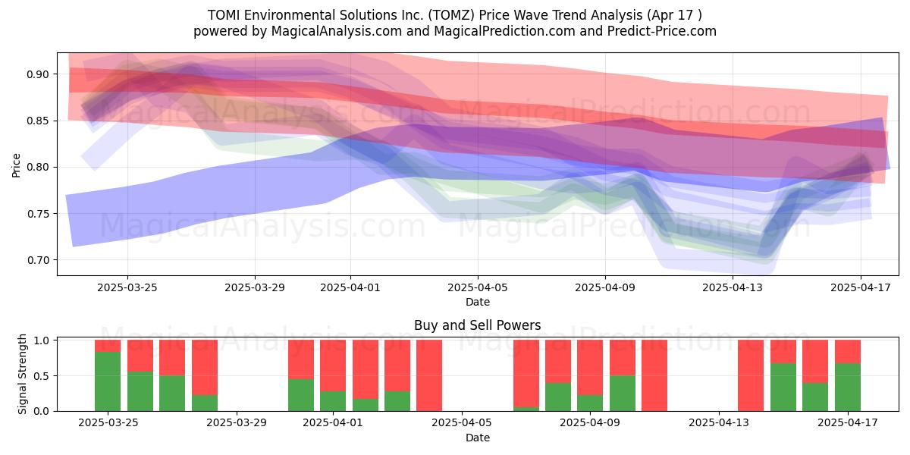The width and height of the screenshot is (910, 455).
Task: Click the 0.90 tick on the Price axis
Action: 38,74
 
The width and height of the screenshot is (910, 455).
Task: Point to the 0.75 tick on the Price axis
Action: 38,214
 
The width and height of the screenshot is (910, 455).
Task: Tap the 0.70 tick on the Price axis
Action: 38,260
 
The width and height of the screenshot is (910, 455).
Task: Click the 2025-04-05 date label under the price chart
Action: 478,287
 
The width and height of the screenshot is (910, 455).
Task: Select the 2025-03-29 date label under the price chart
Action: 255,287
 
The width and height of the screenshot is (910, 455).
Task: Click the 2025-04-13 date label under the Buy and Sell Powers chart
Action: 719,423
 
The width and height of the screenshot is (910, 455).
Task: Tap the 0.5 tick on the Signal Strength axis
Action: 42,376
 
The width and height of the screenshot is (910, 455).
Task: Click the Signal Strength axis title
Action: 22,374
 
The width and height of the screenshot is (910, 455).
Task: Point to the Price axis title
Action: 16,165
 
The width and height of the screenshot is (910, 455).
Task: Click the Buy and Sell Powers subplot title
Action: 477,325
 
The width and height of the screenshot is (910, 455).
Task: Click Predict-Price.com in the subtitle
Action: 662,31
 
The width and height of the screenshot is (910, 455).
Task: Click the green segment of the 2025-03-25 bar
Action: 108,381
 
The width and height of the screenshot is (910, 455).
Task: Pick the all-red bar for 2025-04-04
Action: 429,375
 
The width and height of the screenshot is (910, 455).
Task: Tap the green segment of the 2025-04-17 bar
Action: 848,388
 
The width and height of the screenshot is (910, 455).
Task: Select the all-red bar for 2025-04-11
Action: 654,375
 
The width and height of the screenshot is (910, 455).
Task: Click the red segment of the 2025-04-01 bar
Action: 333,366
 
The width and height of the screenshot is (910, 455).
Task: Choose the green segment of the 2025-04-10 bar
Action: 623,394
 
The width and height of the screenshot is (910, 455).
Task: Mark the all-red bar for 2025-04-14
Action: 751,375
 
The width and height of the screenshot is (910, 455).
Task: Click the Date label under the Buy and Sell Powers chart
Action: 478,438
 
